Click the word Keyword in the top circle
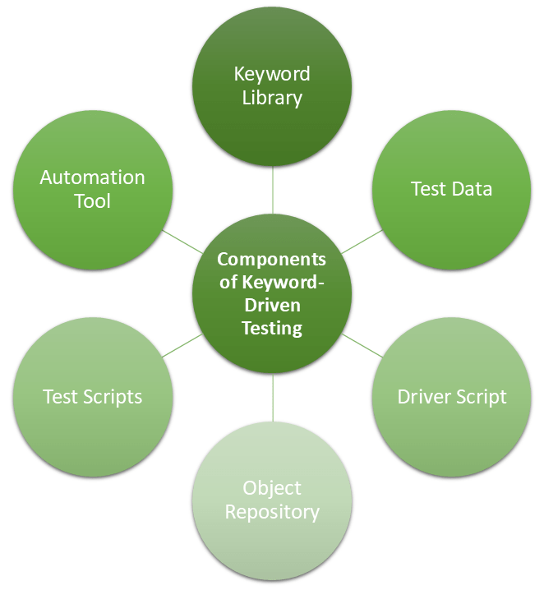272,74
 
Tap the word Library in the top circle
272,98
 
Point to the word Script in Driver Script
481,397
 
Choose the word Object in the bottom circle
272,488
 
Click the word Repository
272,513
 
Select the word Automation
92,177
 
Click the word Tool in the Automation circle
92,201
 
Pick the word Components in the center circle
271,260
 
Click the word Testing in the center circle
272,328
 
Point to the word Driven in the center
272,306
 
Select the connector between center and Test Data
362,241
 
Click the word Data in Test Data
474,189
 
